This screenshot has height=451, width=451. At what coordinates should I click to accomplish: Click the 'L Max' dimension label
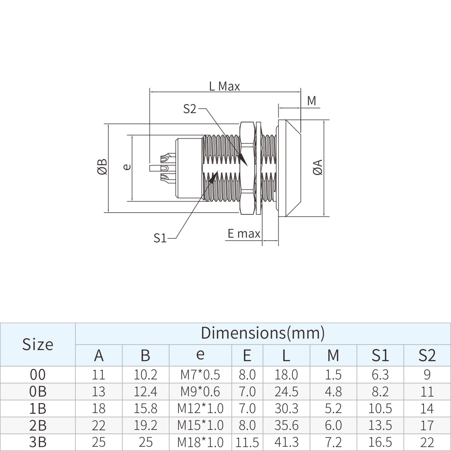[224, 86]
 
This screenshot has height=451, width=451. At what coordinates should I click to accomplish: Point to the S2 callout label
[190, 109]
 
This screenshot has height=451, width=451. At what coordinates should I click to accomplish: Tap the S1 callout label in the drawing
[160, 238]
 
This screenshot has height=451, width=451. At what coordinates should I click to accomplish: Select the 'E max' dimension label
[244, 234]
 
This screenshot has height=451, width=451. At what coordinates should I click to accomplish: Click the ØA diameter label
[318, 167]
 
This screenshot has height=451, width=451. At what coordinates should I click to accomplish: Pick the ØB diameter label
[102, 167]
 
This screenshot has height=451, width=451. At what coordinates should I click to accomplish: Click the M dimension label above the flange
[312, 101]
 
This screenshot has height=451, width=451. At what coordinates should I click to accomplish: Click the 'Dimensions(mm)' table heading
[263, 333]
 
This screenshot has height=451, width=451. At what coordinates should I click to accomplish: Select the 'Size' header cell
[38, 344]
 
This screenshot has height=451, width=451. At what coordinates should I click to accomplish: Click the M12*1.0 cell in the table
[200, 408]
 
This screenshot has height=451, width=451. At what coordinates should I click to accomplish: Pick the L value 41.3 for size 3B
[286, 442]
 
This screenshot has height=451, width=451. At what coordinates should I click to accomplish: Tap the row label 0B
[38, 392]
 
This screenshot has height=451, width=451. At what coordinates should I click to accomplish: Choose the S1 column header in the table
[380, 355]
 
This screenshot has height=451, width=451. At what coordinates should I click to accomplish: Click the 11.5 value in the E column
[247, 442]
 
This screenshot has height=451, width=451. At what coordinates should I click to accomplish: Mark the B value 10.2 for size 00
[145, 375]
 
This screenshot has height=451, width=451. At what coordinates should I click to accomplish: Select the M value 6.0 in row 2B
[333, 425]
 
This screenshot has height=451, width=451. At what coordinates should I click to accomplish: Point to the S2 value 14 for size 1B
[427, 408]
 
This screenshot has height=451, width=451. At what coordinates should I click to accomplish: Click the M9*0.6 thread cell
[200, 392]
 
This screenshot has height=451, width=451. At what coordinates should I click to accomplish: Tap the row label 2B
[38, 425]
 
